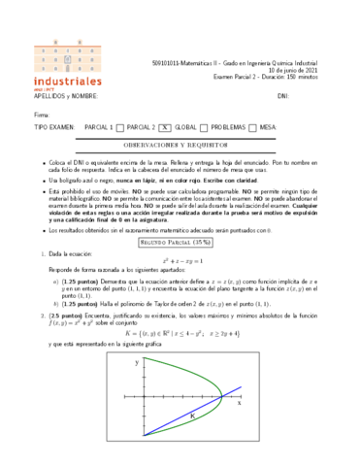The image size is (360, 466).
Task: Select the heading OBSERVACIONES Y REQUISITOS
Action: pyautogui.click(x=180, y=143)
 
